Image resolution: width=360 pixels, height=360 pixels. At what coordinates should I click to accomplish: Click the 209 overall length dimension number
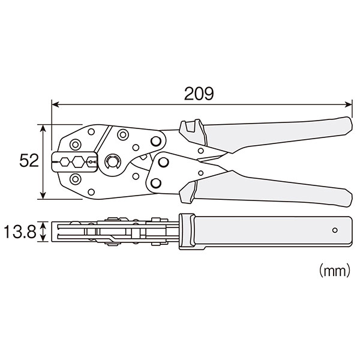tap(199, 94)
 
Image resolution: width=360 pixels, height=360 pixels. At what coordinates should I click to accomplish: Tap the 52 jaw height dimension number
tap(29, 160)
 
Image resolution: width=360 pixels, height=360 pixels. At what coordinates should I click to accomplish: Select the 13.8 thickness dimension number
tap(20, 232)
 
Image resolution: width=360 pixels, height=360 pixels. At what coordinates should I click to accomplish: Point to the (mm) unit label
tap(335, 271)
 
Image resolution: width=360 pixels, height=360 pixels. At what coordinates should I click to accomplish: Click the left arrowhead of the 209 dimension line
tap(55, 104)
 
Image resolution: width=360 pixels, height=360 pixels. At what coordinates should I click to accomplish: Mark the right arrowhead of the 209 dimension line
tap(348, 104)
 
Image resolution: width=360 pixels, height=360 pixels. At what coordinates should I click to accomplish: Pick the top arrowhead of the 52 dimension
tap(43, 128)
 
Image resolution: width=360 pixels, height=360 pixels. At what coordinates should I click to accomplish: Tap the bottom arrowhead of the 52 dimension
tap(43, 196)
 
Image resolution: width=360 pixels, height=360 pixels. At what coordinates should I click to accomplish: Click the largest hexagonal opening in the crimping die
tap(78, 162)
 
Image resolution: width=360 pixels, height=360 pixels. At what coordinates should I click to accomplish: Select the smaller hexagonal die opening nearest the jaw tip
tap(65, 162)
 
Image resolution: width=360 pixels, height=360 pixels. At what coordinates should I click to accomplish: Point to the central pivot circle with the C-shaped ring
tap(112, 162)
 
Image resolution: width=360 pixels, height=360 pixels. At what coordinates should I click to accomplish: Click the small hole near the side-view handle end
tap(335, 230)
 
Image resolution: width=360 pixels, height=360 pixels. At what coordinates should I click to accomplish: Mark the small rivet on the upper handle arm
tap(200, 151)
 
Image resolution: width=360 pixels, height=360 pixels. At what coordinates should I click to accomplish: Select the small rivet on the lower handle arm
tap(200, 173)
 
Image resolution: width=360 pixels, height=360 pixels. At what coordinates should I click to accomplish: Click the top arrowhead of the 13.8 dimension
tap(43, 224)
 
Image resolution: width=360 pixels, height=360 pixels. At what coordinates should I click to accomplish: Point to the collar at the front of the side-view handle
tap(187, 232)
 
